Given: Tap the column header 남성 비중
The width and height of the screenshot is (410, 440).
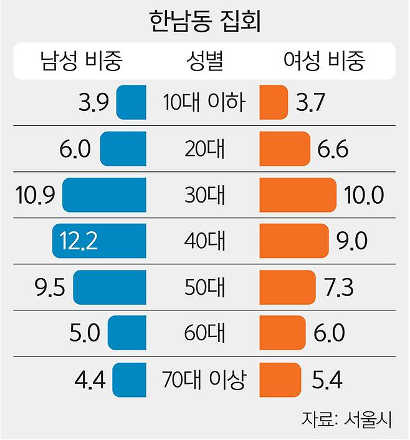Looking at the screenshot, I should [80, 61].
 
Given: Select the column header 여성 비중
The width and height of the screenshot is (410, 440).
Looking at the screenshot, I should [324, 61].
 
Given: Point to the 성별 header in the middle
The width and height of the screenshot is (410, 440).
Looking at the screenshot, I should [204, 61].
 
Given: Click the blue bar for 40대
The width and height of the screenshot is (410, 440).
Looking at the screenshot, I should [100, 241].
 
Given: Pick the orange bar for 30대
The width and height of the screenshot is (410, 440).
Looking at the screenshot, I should [297, 195].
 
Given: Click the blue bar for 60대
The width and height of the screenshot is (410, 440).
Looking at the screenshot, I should [127, 332].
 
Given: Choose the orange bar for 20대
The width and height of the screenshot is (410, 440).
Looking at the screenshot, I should [284, 149].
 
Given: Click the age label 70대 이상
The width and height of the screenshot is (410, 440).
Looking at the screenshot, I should [204, 379].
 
